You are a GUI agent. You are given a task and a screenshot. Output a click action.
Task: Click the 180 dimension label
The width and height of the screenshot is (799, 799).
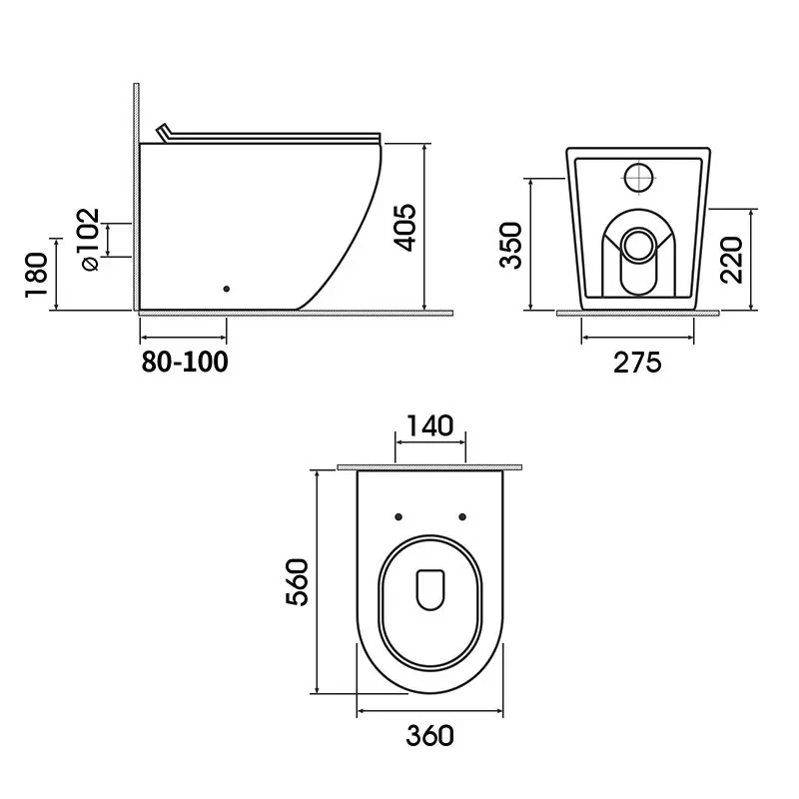[37, 275]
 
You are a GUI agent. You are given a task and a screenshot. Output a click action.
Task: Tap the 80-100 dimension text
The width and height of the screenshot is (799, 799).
[184, 362]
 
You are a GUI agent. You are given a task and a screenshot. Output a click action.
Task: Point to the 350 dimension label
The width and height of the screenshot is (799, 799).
[512, 245]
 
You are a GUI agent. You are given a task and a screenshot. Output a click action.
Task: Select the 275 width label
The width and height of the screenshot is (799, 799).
[637, 363]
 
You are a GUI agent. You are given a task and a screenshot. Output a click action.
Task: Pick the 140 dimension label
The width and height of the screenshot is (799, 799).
[430, 426]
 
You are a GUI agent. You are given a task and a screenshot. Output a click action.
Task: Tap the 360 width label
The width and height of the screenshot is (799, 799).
[430, 736]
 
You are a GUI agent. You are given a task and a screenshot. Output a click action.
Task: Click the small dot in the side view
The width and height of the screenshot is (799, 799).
[227, 289]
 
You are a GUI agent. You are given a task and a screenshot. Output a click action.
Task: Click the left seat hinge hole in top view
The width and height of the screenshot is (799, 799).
[399, 516]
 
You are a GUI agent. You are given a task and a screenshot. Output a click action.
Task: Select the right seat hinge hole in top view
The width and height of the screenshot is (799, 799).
[462, 516]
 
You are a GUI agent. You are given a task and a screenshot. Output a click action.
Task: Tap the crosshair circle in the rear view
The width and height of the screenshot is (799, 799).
[637, 177]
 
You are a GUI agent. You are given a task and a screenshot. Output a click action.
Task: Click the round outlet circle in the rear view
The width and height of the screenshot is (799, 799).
[637, 243]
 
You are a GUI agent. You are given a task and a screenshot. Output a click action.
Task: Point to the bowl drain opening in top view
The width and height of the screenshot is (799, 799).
[430, 589]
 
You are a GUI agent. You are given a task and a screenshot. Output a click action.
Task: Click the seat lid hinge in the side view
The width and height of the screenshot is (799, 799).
[166, 133]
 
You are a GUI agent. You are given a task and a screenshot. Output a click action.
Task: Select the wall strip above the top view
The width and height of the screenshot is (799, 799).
[430, 466]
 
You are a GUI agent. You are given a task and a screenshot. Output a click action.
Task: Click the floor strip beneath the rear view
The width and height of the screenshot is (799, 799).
[637, 313]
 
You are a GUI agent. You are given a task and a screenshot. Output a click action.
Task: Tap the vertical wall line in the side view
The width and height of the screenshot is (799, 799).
[134, 200]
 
